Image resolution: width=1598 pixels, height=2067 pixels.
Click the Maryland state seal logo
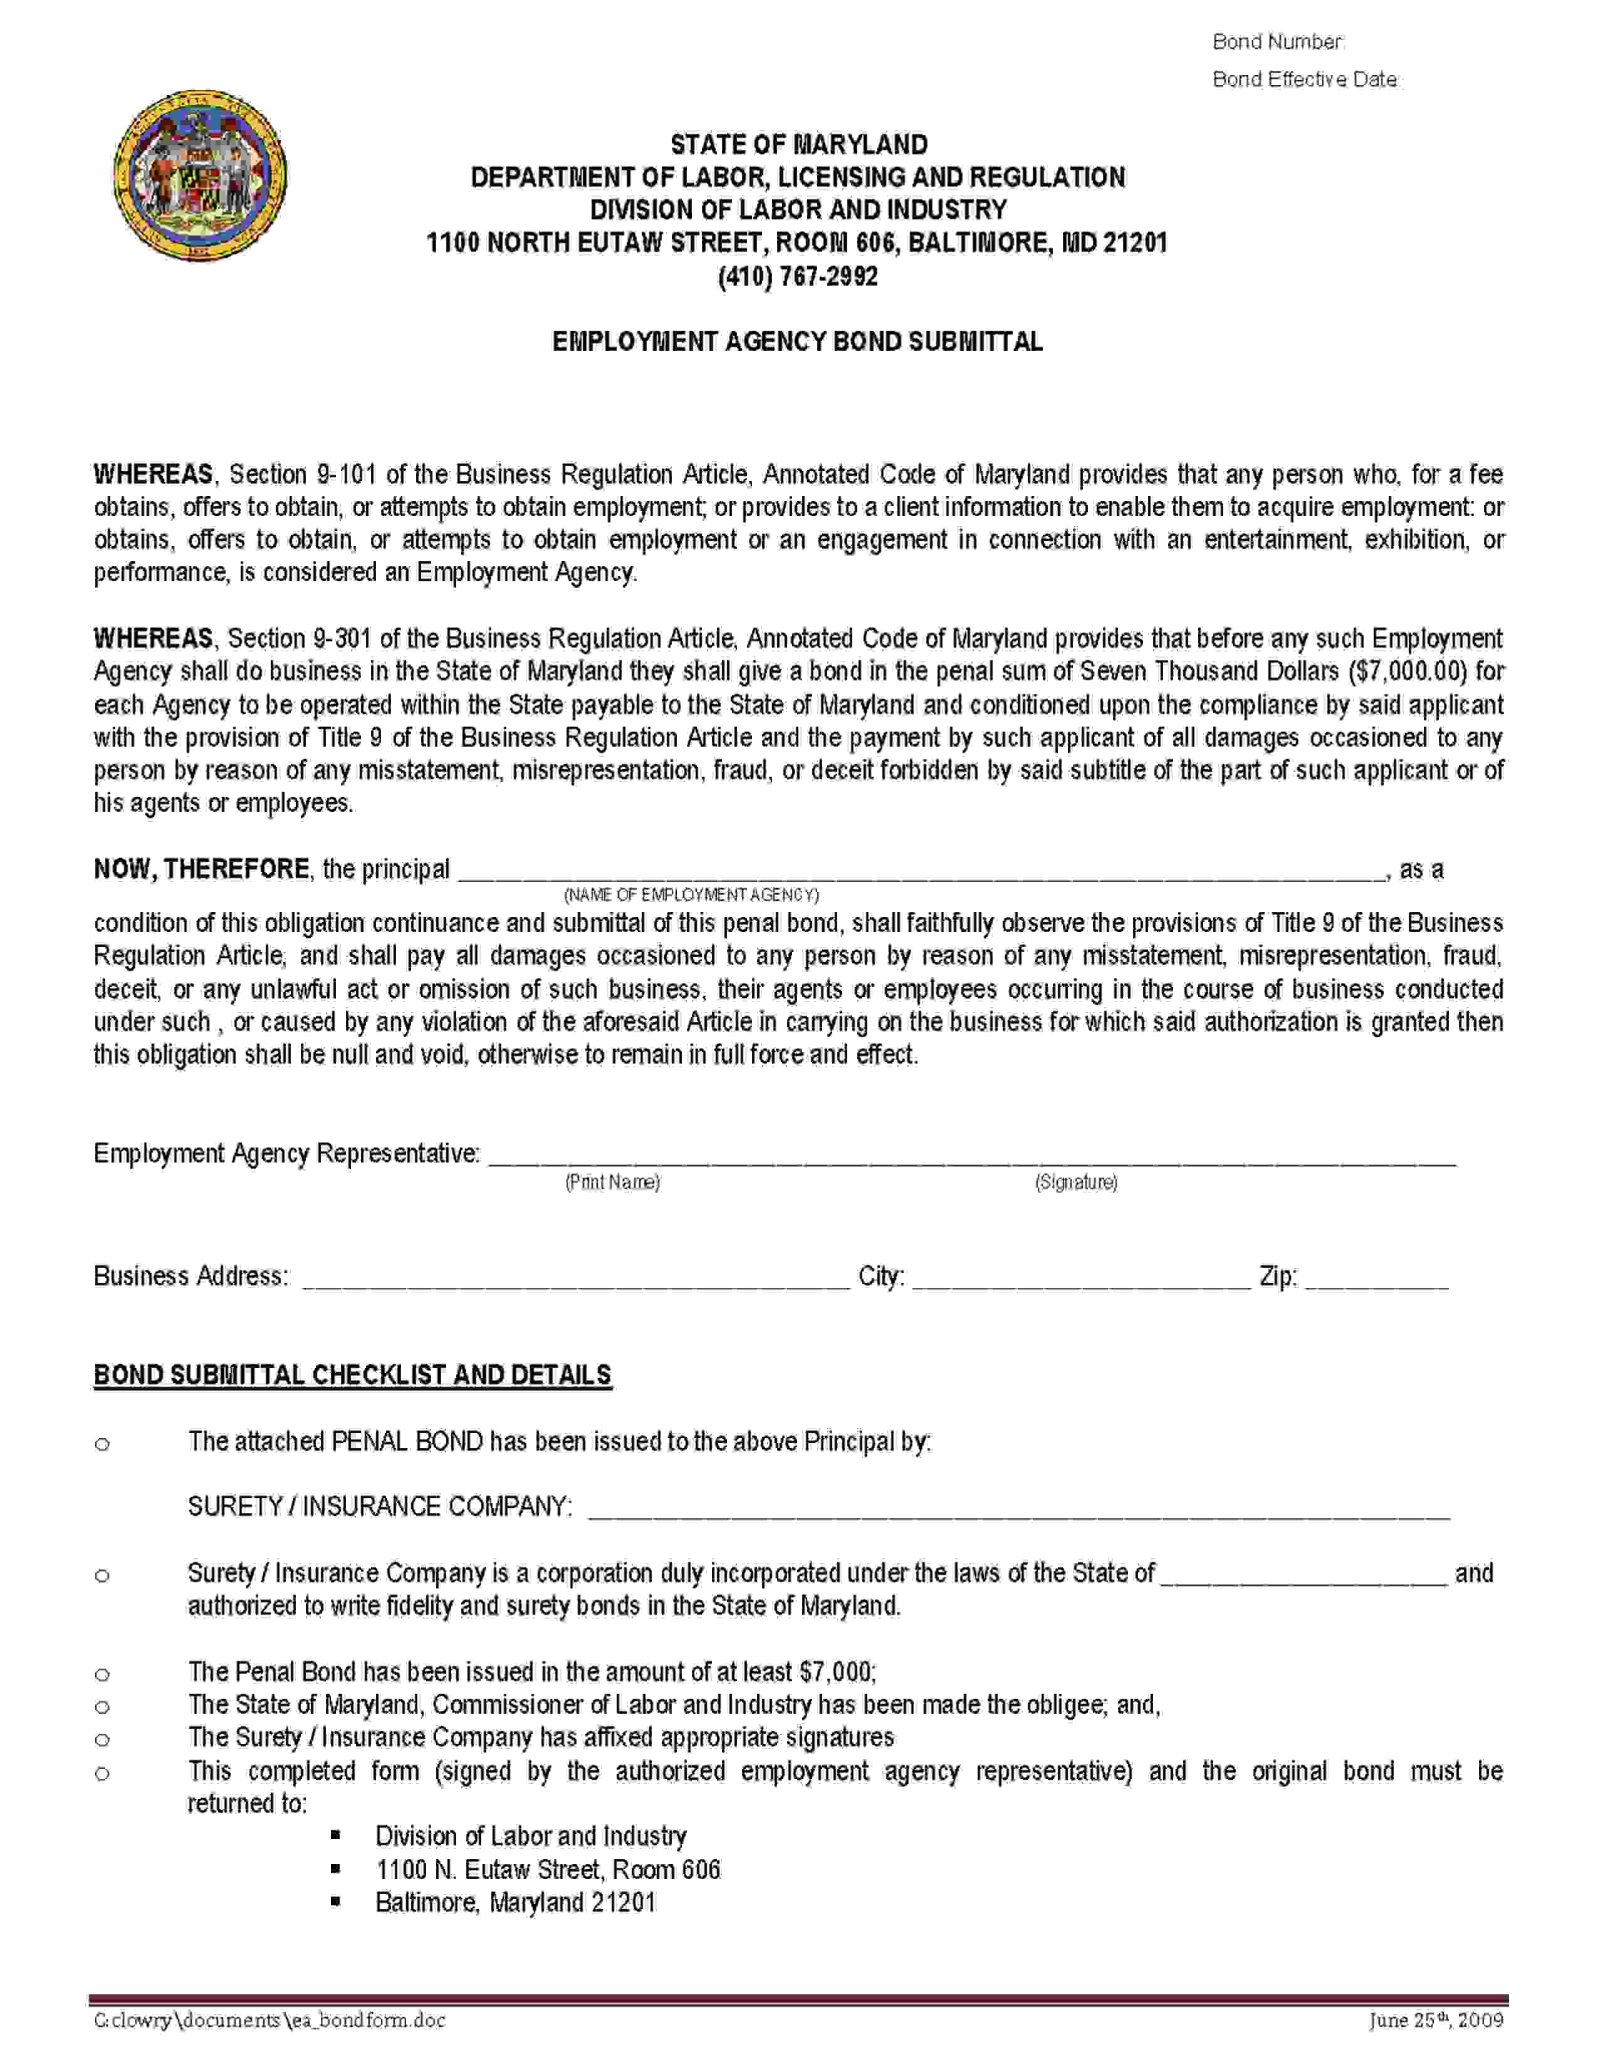[x=200, y=176]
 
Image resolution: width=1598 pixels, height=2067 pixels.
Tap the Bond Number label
[x=1278, y=41]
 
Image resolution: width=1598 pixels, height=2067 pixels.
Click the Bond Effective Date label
[x=1305, y=80]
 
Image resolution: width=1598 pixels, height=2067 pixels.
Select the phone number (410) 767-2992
[x=798, y=276]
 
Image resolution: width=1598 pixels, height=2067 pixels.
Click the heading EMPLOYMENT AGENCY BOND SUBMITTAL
[x=797, y=341]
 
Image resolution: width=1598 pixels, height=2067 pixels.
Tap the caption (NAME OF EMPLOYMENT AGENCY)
[x=691, y=894]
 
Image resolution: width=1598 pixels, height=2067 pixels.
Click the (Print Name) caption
[x=612, y=1181]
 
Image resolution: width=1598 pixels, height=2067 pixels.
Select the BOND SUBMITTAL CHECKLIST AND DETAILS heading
[x=352, y=1374]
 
